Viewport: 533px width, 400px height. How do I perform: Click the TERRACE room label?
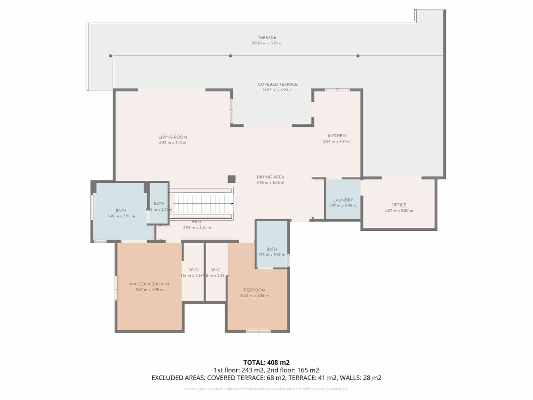pyautogui.click(x=267, y=37)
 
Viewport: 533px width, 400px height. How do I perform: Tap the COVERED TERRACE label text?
pyautogui.click(x=277, y=84)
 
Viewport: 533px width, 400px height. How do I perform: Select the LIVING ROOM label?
pyautogui.click(x=173, y=137)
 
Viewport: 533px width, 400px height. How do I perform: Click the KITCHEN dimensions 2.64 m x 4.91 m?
pyautogui.click(x=336, y=141)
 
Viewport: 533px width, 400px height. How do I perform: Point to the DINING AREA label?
pyautogui.click(x=270, y=177)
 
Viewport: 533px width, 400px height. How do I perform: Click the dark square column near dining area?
pyautogui.click(x=232, y=179)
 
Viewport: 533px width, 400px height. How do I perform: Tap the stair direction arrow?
pyautogui.click(x=232, y=204)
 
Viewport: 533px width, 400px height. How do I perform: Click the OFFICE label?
pyautogui.click(x=399, y=205)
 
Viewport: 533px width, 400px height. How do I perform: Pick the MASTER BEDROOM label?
pyautogui.click(x=149, y=284)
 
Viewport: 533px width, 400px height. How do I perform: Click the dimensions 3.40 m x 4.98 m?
pyautogui.click(x=255, y=296)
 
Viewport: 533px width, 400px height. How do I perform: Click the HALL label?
pyautogui.click(x=197, y=222)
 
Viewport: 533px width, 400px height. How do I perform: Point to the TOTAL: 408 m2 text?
pyautogui.click(x=266, y=362)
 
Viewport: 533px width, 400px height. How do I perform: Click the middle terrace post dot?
pyautogui.click(x=230, y=56)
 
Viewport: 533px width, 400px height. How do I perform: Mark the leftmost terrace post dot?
pyautogui.click(x=110, y=56)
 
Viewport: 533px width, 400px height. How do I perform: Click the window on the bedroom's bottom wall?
pyautogui.click(x=258, y=331)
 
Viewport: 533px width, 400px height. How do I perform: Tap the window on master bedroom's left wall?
pyautogui.click(x=116, y=288)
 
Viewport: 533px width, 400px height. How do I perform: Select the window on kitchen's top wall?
pyautogui.click(x=337, y=90)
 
